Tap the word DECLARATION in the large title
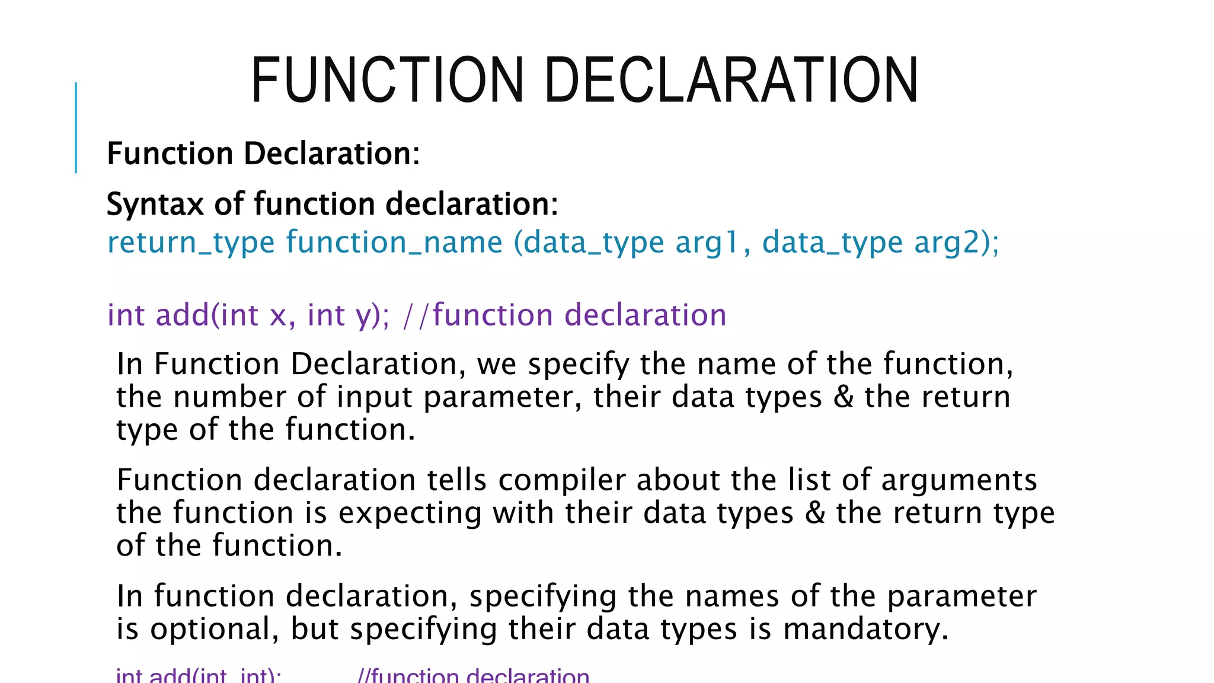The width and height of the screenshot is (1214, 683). (731, 80)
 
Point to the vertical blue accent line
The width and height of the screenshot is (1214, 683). (76, 127)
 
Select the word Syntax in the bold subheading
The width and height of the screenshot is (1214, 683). (155, 205)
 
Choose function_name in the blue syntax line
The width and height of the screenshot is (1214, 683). (394, 243)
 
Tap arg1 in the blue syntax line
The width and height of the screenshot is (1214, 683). (708, 243)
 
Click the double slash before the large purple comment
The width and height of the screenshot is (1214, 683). (415, 315)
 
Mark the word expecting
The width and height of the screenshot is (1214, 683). (410, 513)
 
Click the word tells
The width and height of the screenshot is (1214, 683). (457, 480)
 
